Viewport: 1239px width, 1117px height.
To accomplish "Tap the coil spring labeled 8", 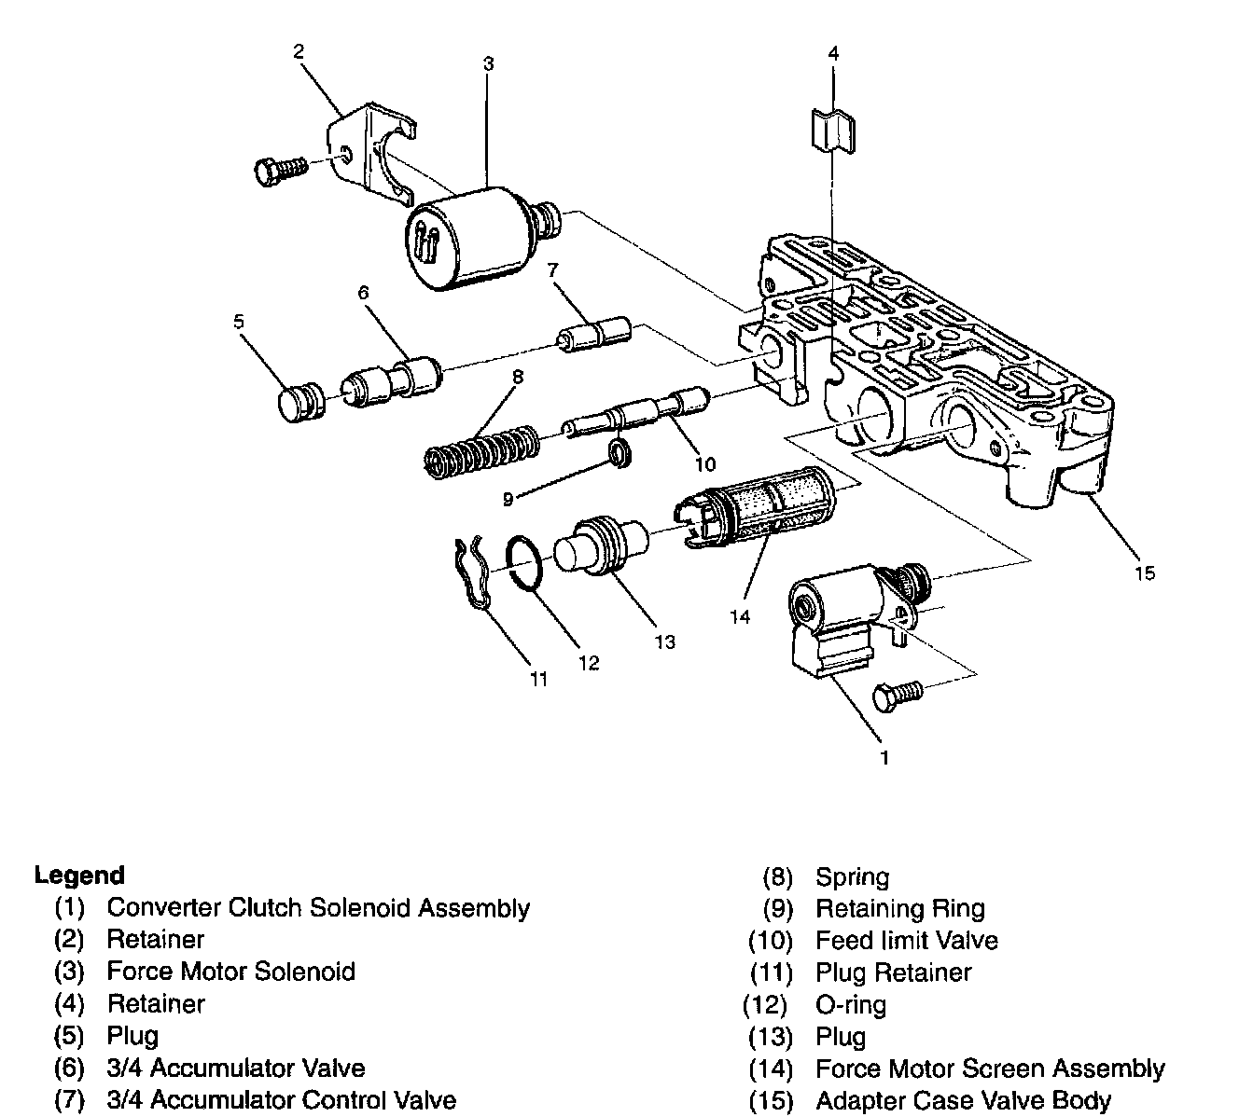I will tap(480, 449).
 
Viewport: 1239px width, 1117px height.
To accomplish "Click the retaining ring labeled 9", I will tap(619, 454).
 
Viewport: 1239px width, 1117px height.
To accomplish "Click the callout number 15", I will tap(1145, 572).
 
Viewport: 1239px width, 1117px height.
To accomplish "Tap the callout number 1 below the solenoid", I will tap(884, 757).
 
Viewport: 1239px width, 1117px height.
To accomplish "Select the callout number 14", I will tap(740, 616).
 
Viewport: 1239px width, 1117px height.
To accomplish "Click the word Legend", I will tap(79, 876).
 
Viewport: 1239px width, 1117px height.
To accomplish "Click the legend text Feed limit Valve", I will tap(906, 941).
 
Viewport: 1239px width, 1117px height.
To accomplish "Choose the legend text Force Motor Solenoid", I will tap(230, 972).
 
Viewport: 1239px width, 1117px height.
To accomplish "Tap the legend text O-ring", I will tap(851, 1005).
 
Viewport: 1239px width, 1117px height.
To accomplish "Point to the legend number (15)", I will tap(771, 1100).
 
